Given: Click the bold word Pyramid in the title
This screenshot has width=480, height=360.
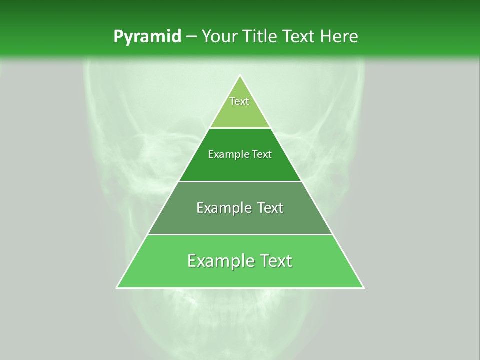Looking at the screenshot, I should pos(147,37).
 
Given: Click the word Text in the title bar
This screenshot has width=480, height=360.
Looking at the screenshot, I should pos(300,37).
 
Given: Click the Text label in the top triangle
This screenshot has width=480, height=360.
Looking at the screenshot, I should pos(239,101).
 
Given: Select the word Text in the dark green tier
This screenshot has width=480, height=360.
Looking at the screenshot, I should pos(262,155).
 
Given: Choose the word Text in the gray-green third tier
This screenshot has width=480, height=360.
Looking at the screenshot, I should pos(270,208).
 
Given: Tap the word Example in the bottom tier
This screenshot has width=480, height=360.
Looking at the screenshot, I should pos(220,261).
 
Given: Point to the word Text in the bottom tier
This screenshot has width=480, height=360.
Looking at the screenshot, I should pos(275,261).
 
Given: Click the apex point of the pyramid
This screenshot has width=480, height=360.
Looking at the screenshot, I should pos(240,76).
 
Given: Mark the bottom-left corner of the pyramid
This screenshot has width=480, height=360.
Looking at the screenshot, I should pos(117,288).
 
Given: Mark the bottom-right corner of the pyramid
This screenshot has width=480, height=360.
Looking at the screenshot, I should pos(363,288).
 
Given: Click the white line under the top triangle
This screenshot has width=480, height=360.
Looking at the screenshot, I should pos(240,128).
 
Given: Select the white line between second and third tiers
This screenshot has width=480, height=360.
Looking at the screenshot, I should pos(240,181).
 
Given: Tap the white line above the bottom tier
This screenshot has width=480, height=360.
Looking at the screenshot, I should pos(240,234).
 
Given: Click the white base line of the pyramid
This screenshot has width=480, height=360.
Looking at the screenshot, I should pos(240,288).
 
